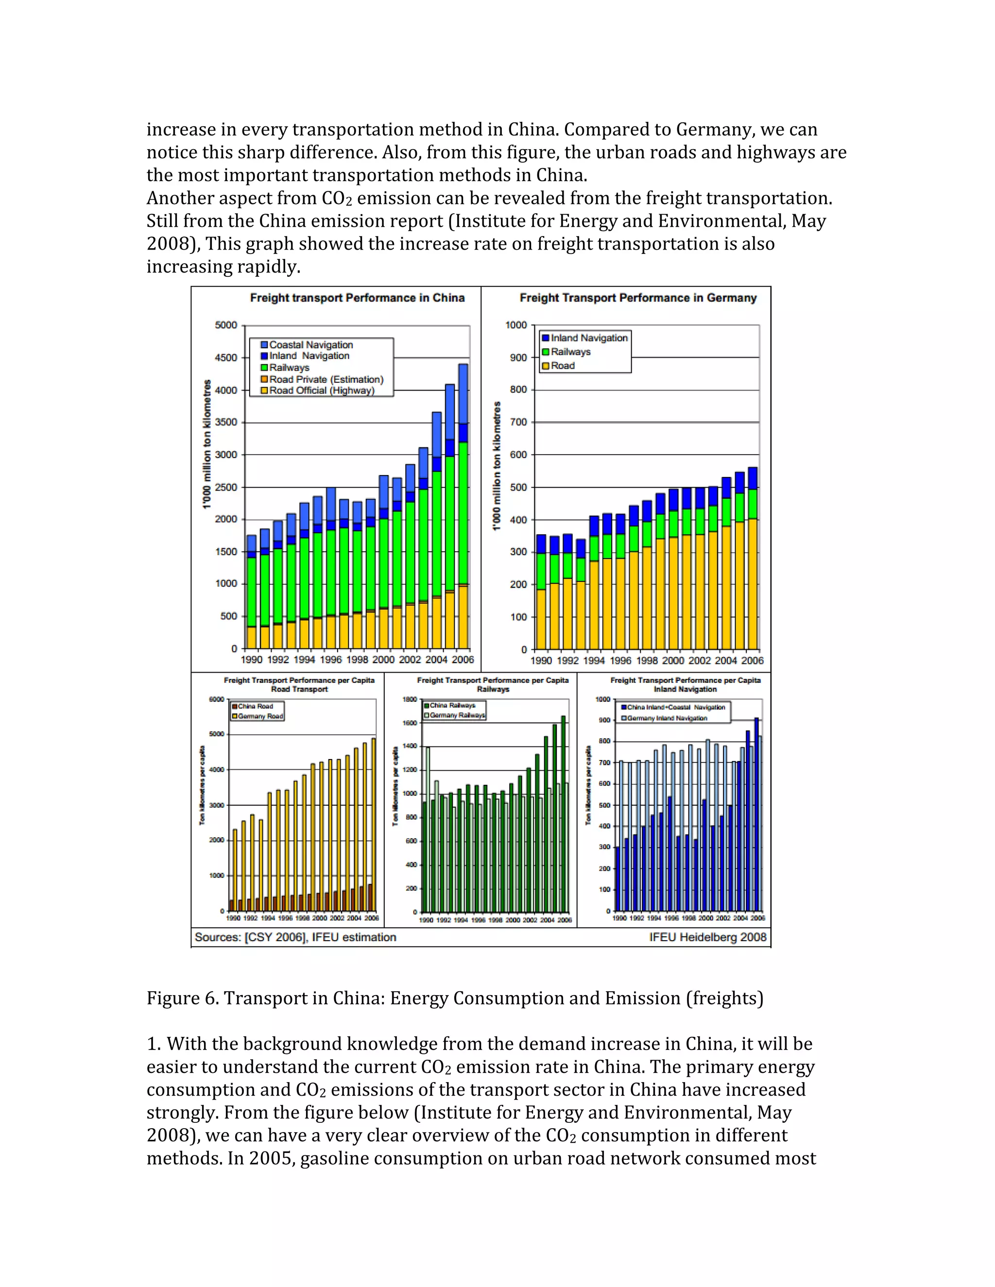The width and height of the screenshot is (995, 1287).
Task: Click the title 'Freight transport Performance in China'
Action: tap(357, 298)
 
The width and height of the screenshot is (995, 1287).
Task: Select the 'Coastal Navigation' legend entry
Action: tap(310, 345)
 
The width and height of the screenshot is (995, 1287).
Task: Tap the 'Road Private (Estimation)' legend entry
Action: tap(326, 379)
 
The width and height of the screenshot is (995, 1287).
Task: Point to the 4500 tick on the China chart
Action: tap(226, 358)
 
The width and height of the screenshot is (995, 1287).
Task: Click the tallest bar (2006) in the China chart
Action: tap(463, 507)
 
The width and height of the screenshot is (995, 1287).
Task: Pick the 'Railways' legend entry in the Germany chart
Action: tap(570, 352)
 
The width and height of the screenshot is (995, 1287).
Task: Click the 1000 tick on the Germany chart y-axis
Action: tap(516, 325)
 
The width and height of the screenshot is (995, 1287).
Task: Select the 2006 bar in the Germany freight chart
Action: tap(753, 560)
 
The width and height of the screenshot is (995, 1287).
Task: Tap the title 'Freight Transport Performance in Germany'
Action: tap(638, 298)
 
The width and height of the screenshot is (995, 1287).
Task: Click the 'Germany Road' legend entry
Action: tap(260, 716)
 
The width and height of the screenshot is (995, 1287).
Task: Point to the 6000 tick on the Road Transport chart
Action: tap(216, 699)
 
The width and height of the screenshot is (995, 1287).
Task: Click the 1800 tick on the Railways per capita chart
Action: tap(410, 699)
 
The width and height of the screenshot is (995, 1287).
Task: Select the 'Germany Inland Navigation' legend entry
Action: tap(667, 718)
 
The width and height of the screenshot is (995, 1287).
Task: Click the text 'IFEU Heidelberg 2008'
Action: tap(707, 937)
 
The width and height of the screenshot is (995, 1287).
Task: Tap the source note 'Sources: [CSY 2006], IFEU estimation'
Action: tap(295, 937)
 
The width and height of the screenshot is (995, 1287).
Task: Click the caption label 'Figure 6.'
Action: tap(182, 998)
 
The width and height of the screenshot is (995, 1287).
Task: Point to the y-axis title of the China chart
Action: tap(207, 444)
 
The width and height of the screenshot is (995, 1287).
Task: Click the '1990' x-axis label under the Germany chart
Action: tap(541, 660)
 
